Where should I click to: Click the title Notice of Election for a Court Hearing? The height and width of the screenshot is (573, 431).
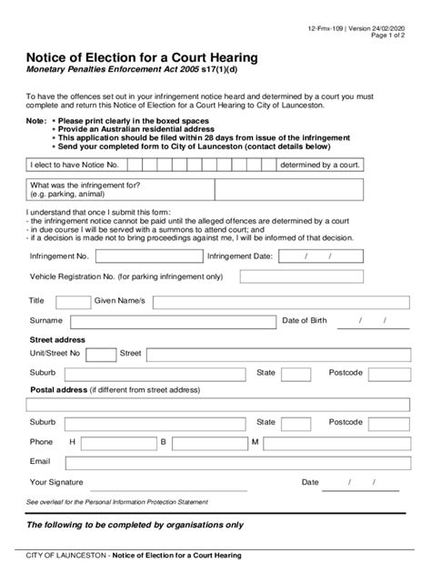coord(141,57)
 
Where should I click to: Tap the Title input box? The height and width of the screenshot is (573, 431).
coord(73,301)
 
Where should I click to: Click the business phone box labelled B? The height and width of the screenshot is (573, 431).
coord(206,442)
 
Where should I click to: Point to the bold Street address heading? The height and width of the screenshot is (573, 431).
coord(59,338)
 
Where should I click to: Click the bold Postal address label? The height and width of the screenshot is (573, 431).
coord(57,389)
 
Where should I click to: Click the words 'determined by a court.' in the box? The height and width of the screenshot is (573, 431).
coord(321,165)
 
